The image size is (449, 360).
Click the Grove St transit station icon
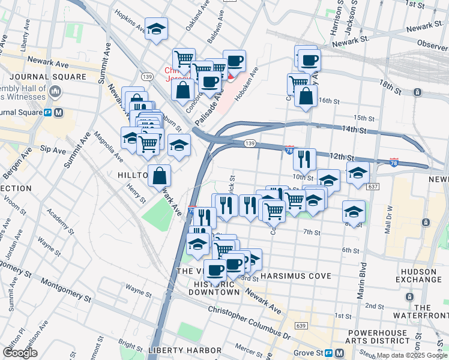340,353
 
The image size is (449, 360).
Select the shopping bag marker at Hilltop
160,176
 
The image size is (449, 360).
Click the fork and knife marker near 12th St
304,159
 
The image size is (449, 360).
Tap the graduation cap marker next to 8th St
354,211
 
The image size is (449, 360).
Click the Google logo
21,353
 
